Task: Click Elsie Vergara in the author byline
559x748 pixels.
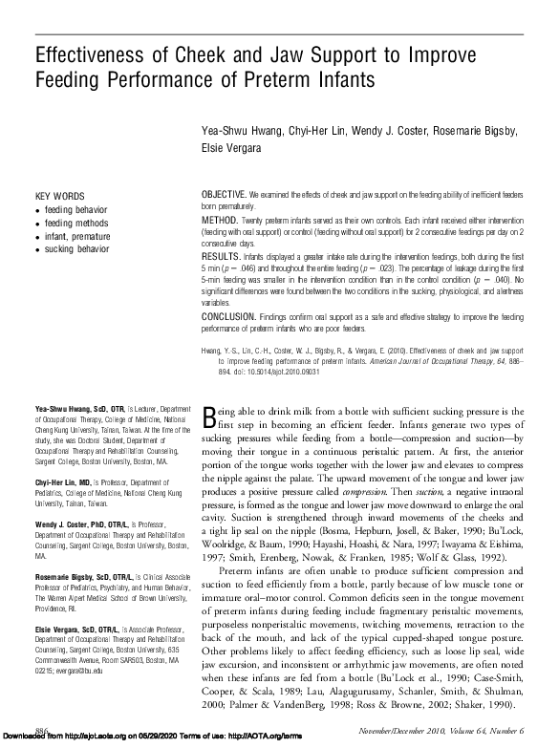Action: pyautogui.click(x=230, y=149)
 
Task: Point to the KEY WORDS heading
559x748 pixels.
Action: pyautogui.click(x=59, y=195)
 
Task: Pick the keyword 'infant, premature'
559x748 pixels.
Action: pyautogui.click(x=77, y=235)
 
